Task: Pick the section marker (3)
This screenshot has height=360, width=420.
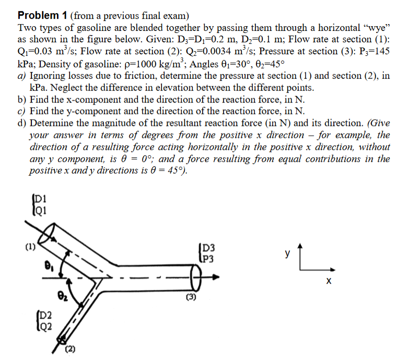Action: (192, 299)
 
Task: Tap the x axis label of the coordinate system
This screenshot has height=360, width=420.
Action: (328, 282)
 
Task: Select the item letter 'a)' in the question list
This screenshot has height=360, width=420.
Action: (22, 76)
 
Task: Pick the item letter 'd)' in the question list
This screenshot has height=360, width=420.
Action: (22, 123)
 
